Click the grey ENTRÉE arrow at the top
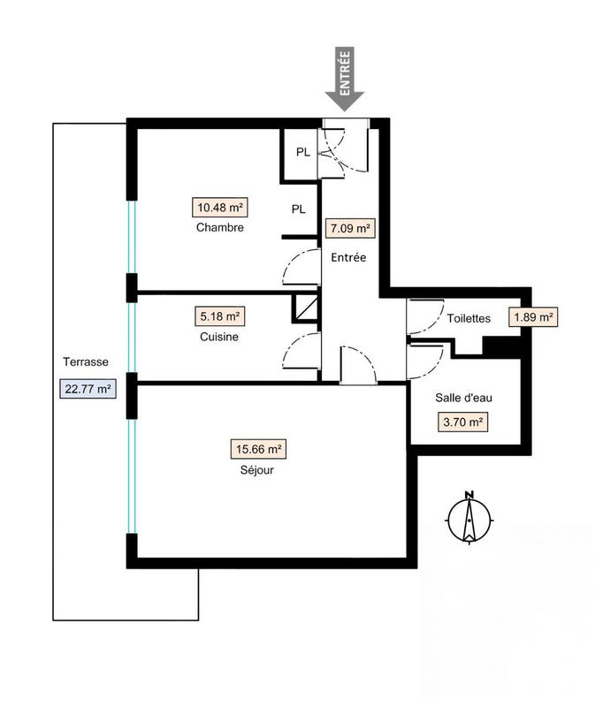pos(344,80)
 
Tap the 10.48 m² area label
pos(220,208)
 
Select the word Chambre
pos(220,228)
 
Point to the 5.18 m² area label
pos(219,315)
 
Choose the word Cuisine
pos(219,337)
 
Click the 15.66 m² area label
pos(259,450)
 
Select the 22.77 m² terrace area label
pos(87,388)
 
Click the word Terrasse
pos(86,362)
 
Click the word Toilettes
pos(469,319)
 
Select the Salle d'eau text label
pos(463,399)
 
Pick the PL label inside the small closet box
pos(302,152)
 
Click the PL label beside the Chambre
pos(299,209)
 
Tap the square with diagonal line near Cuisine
pos(305,308)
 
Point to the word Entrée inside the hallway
pos(348,258)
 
